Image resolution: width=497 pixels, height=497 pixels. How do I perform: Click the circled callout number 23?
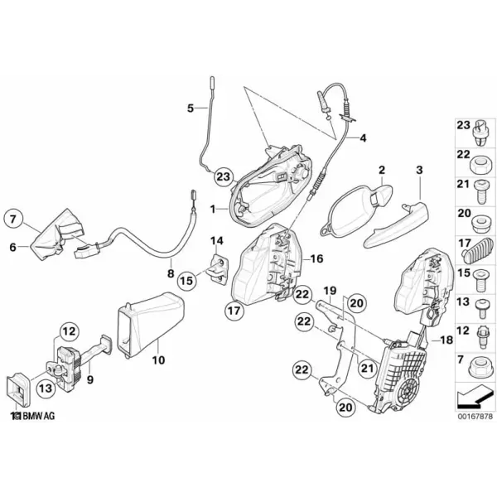pos(223,176)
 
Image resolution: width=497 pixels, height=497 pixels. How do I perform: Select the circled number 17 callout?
pos(235,311)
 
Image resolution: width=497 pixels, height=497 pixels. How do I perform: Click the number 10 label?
pos(158,360)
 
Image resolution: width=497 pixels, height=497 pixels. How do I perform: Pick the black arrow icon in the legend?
pos(475,397)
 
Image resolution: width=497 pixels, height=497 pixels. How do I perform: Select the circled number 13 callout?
pos(46,388)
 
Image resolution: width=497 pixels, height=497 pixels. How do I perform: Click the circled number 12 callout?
pos(69,331)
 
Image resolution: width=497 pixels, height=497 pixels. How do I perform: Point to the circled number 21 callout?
pos(368,369)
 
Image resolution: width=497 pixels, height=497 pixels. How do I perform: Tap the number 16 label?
pos(316,258)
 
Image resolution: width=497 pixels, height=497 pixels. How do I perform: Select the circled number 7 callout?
pos(13,219)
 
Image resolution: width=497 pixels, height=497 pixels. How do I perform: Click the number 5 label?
pos(190,108)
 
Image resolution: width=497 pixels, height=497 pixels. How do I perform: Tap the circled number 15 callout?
pos(187,280)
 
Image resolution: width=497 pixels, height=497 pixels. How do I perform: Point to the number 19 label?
pos(330,291)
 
